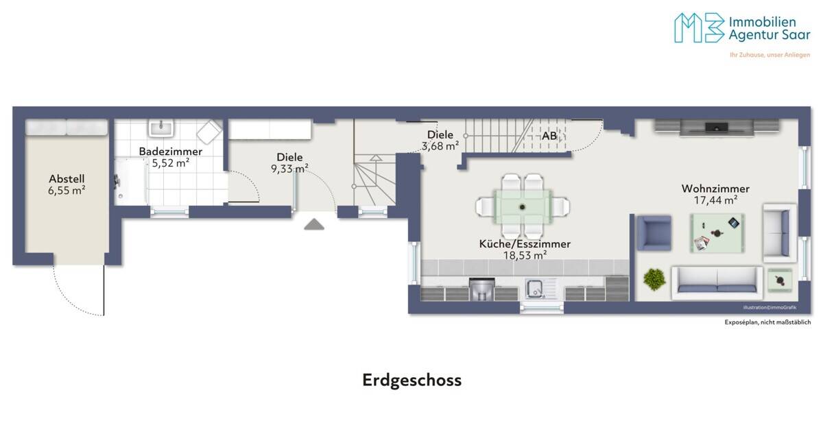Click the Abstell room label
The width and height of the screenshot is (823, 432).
click(x=67, y=179)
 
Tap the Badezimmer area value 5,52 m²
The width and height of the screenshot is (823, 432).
click(x=171, y=163)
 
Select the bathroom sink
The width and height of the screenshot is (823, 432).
click(x=161, y=129)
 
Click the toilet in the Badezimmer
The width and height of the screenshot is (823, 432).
click(x=208, y=132)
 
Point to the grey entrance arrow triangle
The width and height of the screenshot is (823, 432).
click(x=314, y=224)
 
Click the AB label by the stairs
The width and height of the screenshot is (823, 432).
click(x=549, y=136)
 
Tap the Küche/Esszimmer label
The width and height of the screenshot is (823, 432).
click(x=525, y=244)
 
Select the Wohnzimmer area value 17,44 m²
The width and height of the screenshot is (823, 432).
click(x=716, y=200)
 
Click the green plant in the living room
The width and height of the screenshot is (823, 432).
click(x=654, y=279)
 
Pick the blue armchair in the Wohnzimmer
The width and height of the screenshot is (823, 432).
click(x=654, y=233)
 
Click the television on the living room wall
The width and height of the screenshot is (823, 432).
click(x=716, y=128)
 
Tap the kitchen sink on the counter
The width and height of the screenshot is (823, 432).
click(x=536, y=289)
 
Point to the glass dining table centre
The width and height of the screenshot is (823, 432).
click(x=523, y=207)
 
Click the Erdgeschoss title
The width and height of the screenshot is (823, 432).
click(x=412, y=380)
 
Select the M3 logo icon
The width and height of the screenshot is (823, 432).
click(x=700, y=28)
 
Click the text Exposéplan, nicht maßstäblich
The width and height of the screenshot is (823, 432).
click(x=767, y=322)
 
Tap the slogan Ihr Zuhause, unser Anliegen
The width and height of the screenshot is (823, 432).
click(x=770, y=55)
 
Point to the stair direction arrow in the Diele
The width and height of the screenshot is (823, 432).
click(x=376, y=158)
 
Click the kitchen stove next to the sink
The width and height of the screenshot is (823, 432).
click(x=482, y=289)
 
